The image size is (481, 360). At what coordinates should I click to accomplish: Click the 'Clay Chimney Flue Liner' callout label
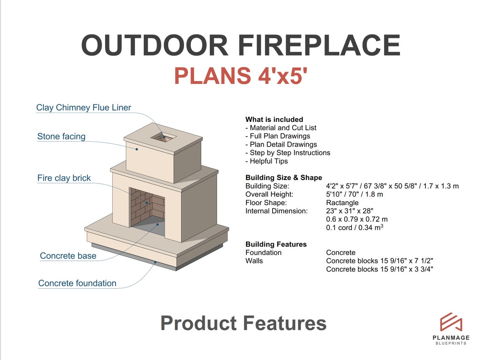pyautogui.click(x=84, y=107)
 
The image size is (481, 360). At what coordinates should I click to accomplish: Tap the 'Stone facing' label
pyautogui.click(x=61, y=137)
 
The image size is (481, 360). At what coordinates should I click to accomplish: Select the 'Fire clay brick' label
pyautogui.click(x=64, y=178)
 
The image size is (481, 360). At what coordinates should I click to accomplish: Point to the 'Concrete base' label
pyautogui.click(x=68, y=256)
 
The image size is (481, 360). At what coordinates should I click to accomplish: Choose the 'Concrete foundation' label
pyautogui.click(x=77, y=283)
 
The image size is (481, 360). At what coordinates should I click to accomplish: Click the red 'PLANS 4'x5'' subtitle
pyautogui.click(x=240, y=76)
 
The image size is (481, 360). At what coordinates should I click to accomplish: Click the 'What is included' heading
pyautogui.click(x=274, y=119)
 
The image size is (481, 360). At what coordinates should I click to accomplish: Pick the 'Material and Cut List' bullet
pyautogui.click(x=281, y=128)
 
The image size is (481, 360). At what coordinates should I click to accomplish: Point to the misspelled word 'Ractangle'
pyautogui.click(x=342, y=202)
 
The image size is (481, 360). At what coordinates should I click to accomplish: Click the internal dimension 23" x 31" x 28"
pyautogui.click(x=349, y=211)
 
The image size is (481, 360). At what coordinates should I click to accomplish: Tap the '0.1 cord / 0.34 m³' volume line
pyautogui.click(x=354, y=228)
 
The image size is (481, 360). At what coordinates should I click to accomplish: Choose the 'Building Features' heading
pyautogui.click(x=276, y=244)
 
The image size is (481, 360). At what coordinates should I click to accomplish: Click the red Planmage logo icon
pyautogui.click(x=451, y=322)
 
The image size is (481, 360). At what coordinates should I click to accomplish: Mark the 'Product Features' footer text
pyautogui.click(x=243, y=323)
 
